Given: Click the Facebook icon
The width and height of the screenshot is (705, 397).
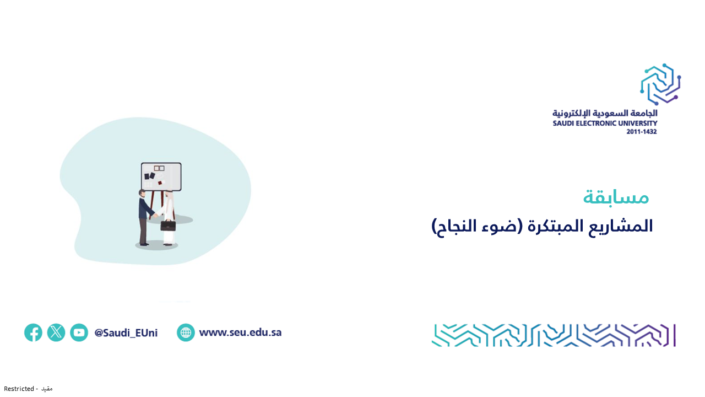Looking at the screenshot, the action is pos(33,332).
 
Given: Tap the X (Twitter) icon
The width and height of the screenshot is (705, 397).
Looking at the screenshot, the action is pos(56,332).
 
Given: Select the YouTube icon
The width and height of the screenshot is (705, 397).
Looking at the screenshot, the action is pos(79,332).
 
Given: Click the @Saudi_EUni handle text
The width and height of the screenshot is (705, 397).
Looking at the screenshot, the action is pos(126,332).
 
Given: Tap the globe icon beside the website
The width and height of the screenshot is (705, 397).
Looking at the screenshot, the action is pos(186,332).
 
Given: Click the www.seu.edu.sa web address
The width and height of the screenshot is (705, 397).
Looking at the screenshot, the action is pos(241,332).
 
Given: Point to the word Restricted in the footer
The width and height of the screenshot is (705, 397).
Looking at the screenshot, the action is pos(19,389).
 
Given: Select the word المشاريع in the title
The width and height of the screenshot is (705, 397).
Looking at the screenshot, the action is pos(621,226).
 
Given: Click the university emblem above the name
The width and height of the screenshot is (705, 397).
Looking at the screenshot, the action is pos(660,84).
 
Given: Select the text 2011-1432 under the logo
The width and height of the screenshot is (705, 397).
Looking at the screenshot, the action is pos(642,132).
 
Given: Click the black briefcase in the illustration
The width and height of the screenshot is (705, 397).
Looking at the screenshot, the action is pos(168,226).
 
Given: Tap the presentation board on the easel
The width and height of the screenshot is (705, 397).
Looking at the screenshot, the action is pos(161,176).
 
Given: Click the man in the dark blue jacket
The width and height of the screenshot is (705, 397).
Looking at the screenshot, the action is pos(145,217).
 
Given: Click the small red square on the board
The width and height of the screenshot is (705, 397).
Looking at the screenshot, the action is pos(160,183).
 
